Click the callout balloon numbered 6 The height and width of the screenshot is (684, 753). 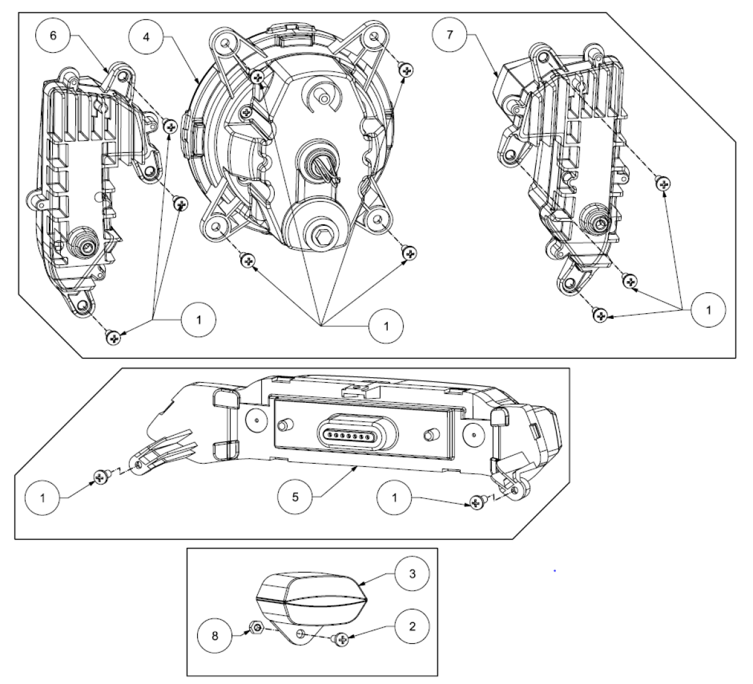tap(53, 36)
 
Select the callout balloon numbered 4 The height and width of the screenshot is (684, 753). tap(146, 37)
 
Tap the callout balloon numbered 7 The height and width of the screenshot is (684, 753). tap(450, 35)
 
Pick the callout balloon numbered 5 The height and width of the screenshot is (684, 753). tap(295, 498)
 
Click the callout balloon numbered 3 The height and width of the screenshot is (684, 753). tap(412, 574)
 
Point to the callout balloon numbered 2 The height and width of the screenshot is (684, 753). tap(412, 626)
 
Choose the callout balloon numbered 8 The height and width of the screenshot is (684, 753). tap(215, 636)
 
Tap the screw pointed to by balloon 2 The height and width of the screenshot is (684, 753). tap(341, 639)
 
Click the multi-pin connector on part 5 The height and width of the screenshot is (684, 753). tap(358, 435)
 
